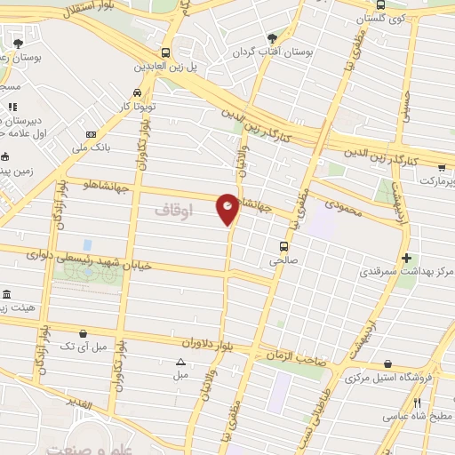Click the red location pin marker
click(x=227, y=208)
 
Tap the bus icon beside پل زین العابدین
click(x=166, y=52)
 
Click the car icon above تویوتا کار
click(x=137, y=92)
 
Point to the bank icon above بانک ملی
click(x=90, y=133)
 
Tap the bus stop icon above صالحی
click(x=283, y=246)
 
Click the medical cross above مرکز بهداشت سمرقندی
click(x=407, y=259)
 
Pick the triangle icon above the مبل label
click(x=181, y=362)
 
